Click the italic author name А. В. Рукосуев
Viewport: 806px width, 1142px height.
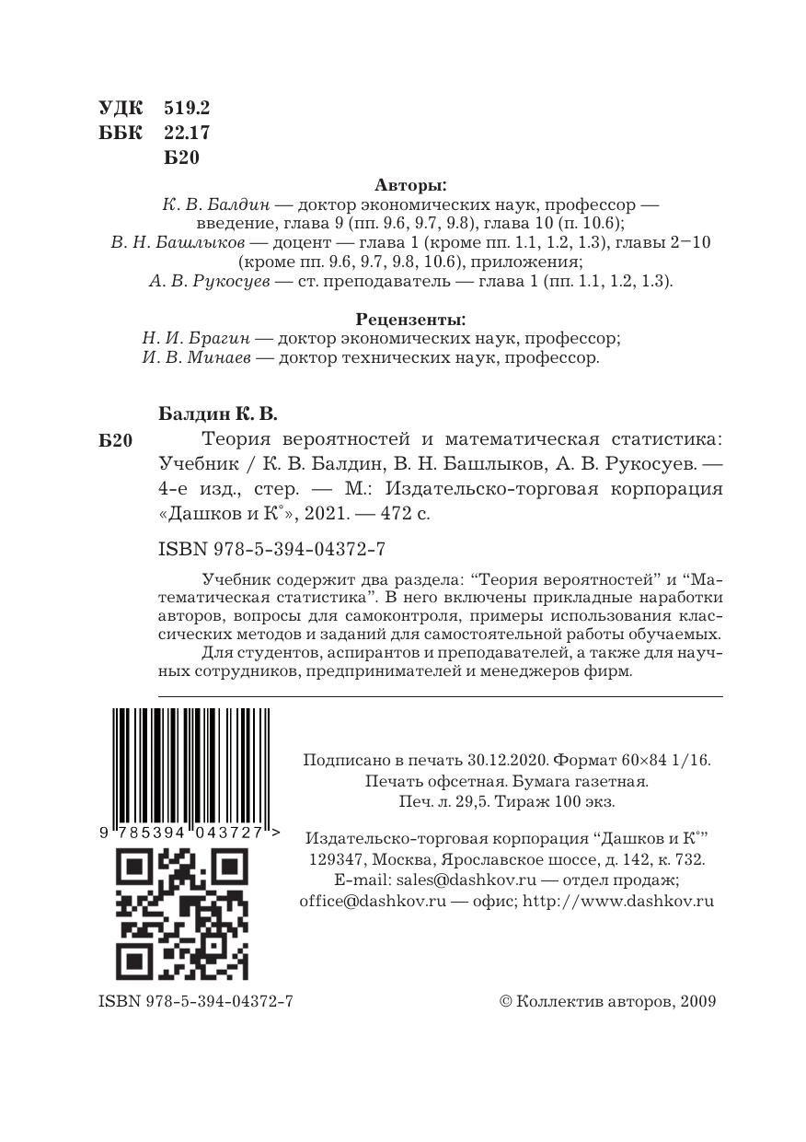pyautogui.click(x=209, y=282)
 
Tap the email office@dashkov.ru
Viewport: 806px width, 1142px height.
pyautogui.click(x=373, y=901)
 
